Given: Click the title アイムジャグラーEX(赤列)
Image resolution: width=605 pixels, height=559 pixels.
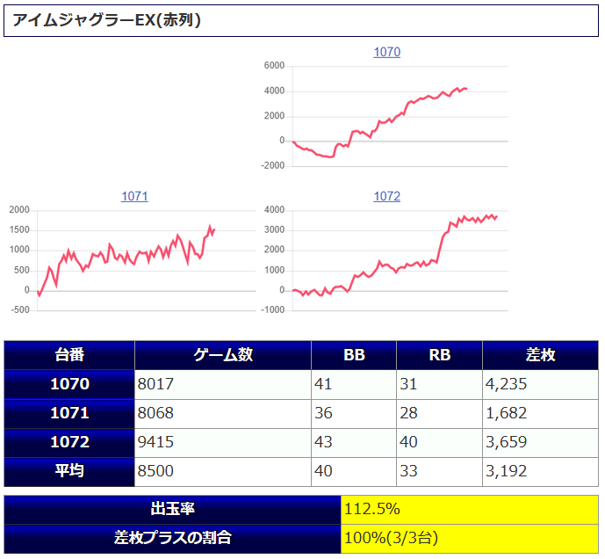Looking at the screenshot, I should [107, 20].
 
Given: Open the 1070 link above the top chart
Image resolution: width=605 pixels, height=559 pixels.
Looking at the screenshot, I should [386, 52].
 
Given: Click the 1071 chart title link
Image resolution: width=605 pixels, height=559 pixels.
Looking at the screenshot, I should [134, 196].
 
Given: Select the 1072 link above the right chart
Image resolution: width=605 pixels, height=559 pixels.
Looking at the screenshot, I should [386, 196].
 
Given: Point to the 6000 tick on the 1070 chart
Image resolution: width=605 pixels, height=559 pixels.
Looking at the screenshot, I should [274, 66].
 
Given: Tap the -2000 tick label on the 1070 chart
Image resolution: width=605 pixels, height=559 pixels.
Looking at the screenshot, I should [272, 165].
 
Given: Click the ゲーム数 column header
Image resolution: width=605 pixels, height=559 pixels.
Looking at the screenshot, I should [223, 355].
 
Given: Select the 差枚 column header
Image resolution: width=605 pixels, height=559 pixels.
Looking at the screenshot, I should [540, 355].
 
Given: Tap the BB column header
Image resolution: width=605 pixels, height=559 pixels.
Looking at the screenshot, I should [354, 355].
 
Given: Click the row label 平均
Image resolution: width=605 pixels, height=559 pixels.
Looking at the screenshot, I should [69, 471].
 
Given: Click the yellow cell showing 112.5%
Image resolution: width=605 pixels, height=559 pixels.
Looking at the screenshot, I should [470, 509].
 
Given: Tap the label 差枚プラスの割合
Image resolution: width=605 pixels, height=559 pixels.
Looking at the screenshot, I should [173, 537].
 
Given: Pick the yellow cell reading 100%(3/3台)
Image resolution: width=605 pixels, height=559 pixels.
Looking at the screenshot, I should [470, 537].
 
